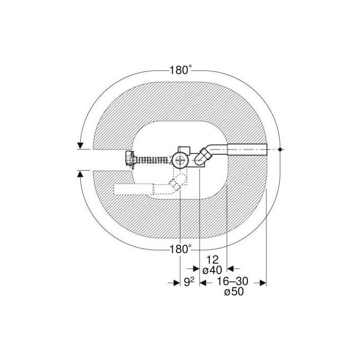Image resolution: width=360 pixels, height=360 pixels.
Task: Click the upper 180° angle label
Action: [181, 70]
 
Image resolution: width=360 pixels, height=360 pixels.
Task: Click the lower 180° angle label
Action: [181, 248]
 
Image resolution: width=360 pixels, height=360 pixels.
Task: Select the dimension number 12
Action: [212, 260]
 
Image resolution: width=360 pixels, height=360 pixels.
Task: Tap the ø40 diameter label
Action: [212, 270]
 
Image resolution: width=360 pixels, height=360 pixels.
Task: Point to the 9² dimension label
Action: [189, 282]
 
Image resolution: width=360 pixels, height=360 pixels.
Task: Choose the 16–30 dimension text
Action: [233, 281]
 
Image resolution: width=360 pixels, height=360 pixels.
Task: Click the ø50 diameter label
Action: [233, 292]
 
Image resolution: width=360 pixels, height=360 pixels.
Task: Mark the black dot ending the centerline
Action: [280, 150]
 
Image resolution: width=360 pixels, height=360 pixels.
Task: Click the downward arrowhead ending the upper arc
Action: [80, 146]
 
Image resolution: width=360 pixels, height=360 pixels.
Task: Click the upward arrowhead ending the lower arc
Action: [80, 174]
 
